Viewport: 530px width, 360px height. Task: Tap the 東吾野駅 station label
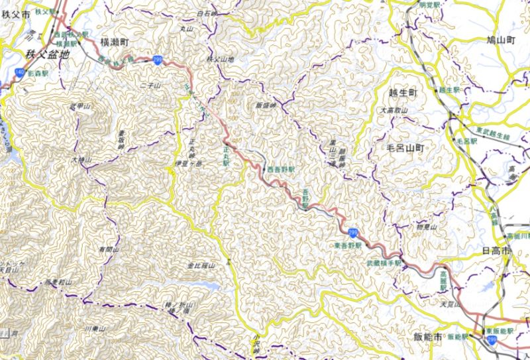click(348, 245)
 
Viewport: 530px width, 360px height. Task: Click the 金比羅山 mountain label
click(199, 265)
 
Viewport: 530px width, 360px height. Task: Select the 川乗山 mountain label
click(96, 328)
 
